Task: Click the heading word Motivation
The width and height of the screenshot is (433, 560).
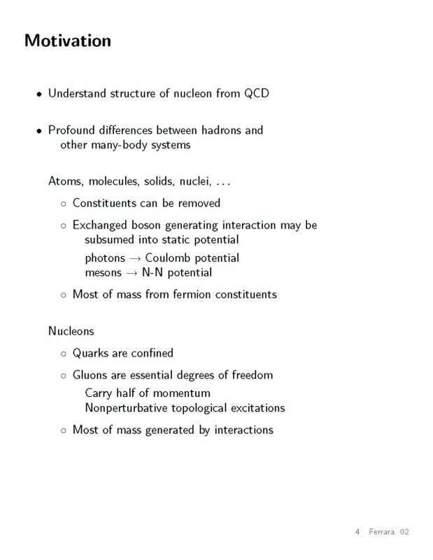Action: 68,41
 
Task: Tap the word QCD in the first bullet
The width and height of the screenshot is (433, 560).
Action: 256,93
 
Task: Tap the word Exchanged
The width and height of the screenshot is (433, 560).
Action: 101,225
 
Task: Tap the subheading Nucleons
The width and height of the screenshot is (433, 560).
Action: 71,330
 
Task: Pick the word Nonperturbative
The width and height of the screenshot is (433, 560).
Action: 130,407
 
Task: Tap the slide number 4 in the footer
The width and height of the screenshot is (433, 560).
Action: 357,533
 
